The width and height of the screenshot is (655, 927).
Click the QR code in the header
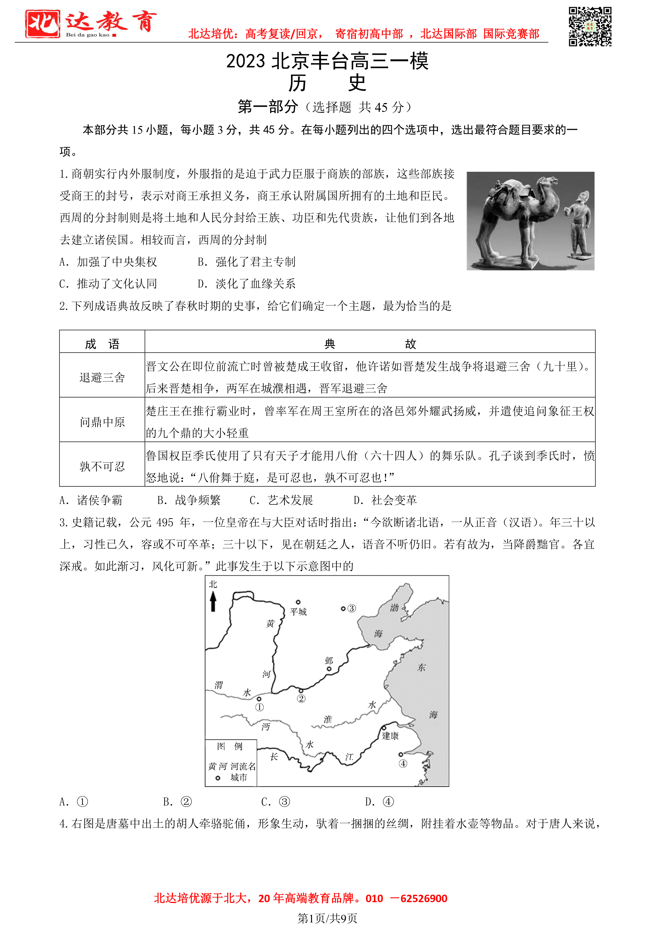[590, 27]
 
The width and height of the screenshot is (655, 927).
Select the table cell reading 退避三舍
[102, 378]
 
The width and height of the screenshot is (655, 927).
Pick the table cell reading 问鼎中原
[102, 422]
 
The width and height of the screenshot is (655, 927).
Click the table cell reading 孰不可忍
[102, 466]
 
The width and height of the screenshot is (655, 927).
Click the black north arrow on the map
[213, 602]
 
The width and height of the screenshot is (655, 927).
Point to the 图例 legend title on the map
[230, 746]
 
